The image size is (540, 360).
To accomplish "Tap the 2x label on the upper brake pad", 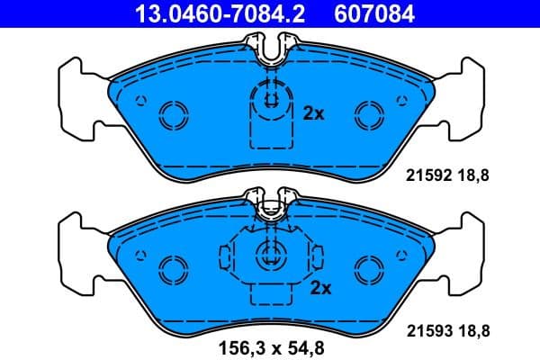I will (x=312, y=114).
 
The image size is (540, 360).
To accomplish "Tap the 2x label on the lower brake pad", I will (x=320, y=288).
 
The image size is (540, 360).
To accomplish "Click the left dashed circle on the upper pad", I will (x=171, y=113).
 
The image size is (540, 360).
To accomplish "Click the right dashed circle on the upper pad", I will (x=368, y=113).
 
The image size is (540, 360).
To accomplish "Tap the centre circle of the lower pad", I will (x=269, y=254).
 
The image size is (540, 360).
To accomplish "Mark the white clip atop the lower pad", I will (x=269, y=208).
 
